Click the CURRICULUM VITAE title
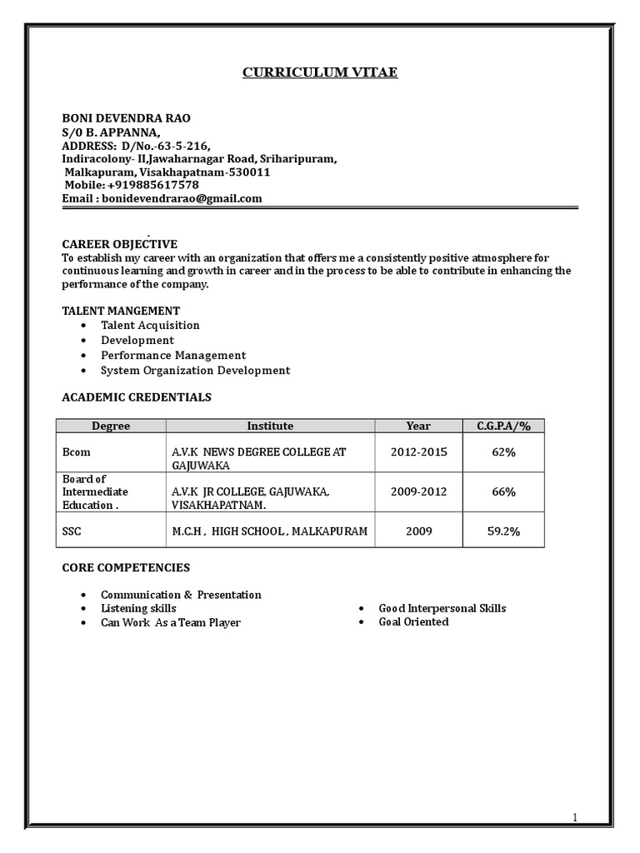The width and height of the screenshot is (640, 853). pyautogui.click(x=320, y=72)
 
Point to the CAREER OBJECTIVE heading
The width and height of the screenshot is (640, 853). pyautogui.click(x=120, y=244)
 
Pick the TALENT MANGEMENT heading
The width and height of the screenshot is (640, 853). pyautogui.click(x=121, y=311)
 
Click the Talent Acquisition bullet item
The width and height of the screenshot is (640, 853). pyautogui.click(x=150, y=325)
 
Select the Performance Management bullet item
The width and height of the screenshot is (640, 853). pyautogui.click(x=173, y=355)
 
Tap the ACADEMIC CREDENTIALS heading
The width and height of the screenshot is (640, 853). pyautogui.click(x=137, y=397)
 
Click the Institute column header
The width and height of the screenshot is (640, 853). pyautogui.click(x=270, y=426)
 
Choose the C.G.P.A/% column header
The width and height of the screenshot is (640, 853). pyautogui.click(x=503, y=426)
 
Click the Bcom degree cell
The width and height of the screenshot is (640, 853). pyautogui.click(x=77, y=452)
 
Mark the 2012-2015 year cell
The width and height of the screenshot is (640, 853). pyautogui.click(x=418, y=452)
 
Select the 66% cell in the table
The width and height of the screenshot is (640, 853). pyautogui.click(x=503, y=491)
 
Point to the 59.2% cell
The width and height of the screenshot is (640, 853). pyautogui.click(x=503, y=531)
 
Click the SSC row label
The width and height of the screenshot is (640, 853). pyautogui.click(x=73, y=531)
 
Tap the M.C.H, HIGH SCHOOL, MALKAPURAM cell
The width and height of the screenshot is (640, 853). pyautogui.click(x=269, y=531)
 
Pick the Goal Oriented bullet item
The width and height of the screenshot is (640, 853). pyautogui.click(x=413, y=621)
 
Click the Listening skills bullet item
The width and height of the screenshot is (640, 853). pyautogui.click(x=138, y=609)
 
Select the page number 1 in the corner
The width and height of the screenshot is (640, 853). pyautogui.click(x=574, y=819)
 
